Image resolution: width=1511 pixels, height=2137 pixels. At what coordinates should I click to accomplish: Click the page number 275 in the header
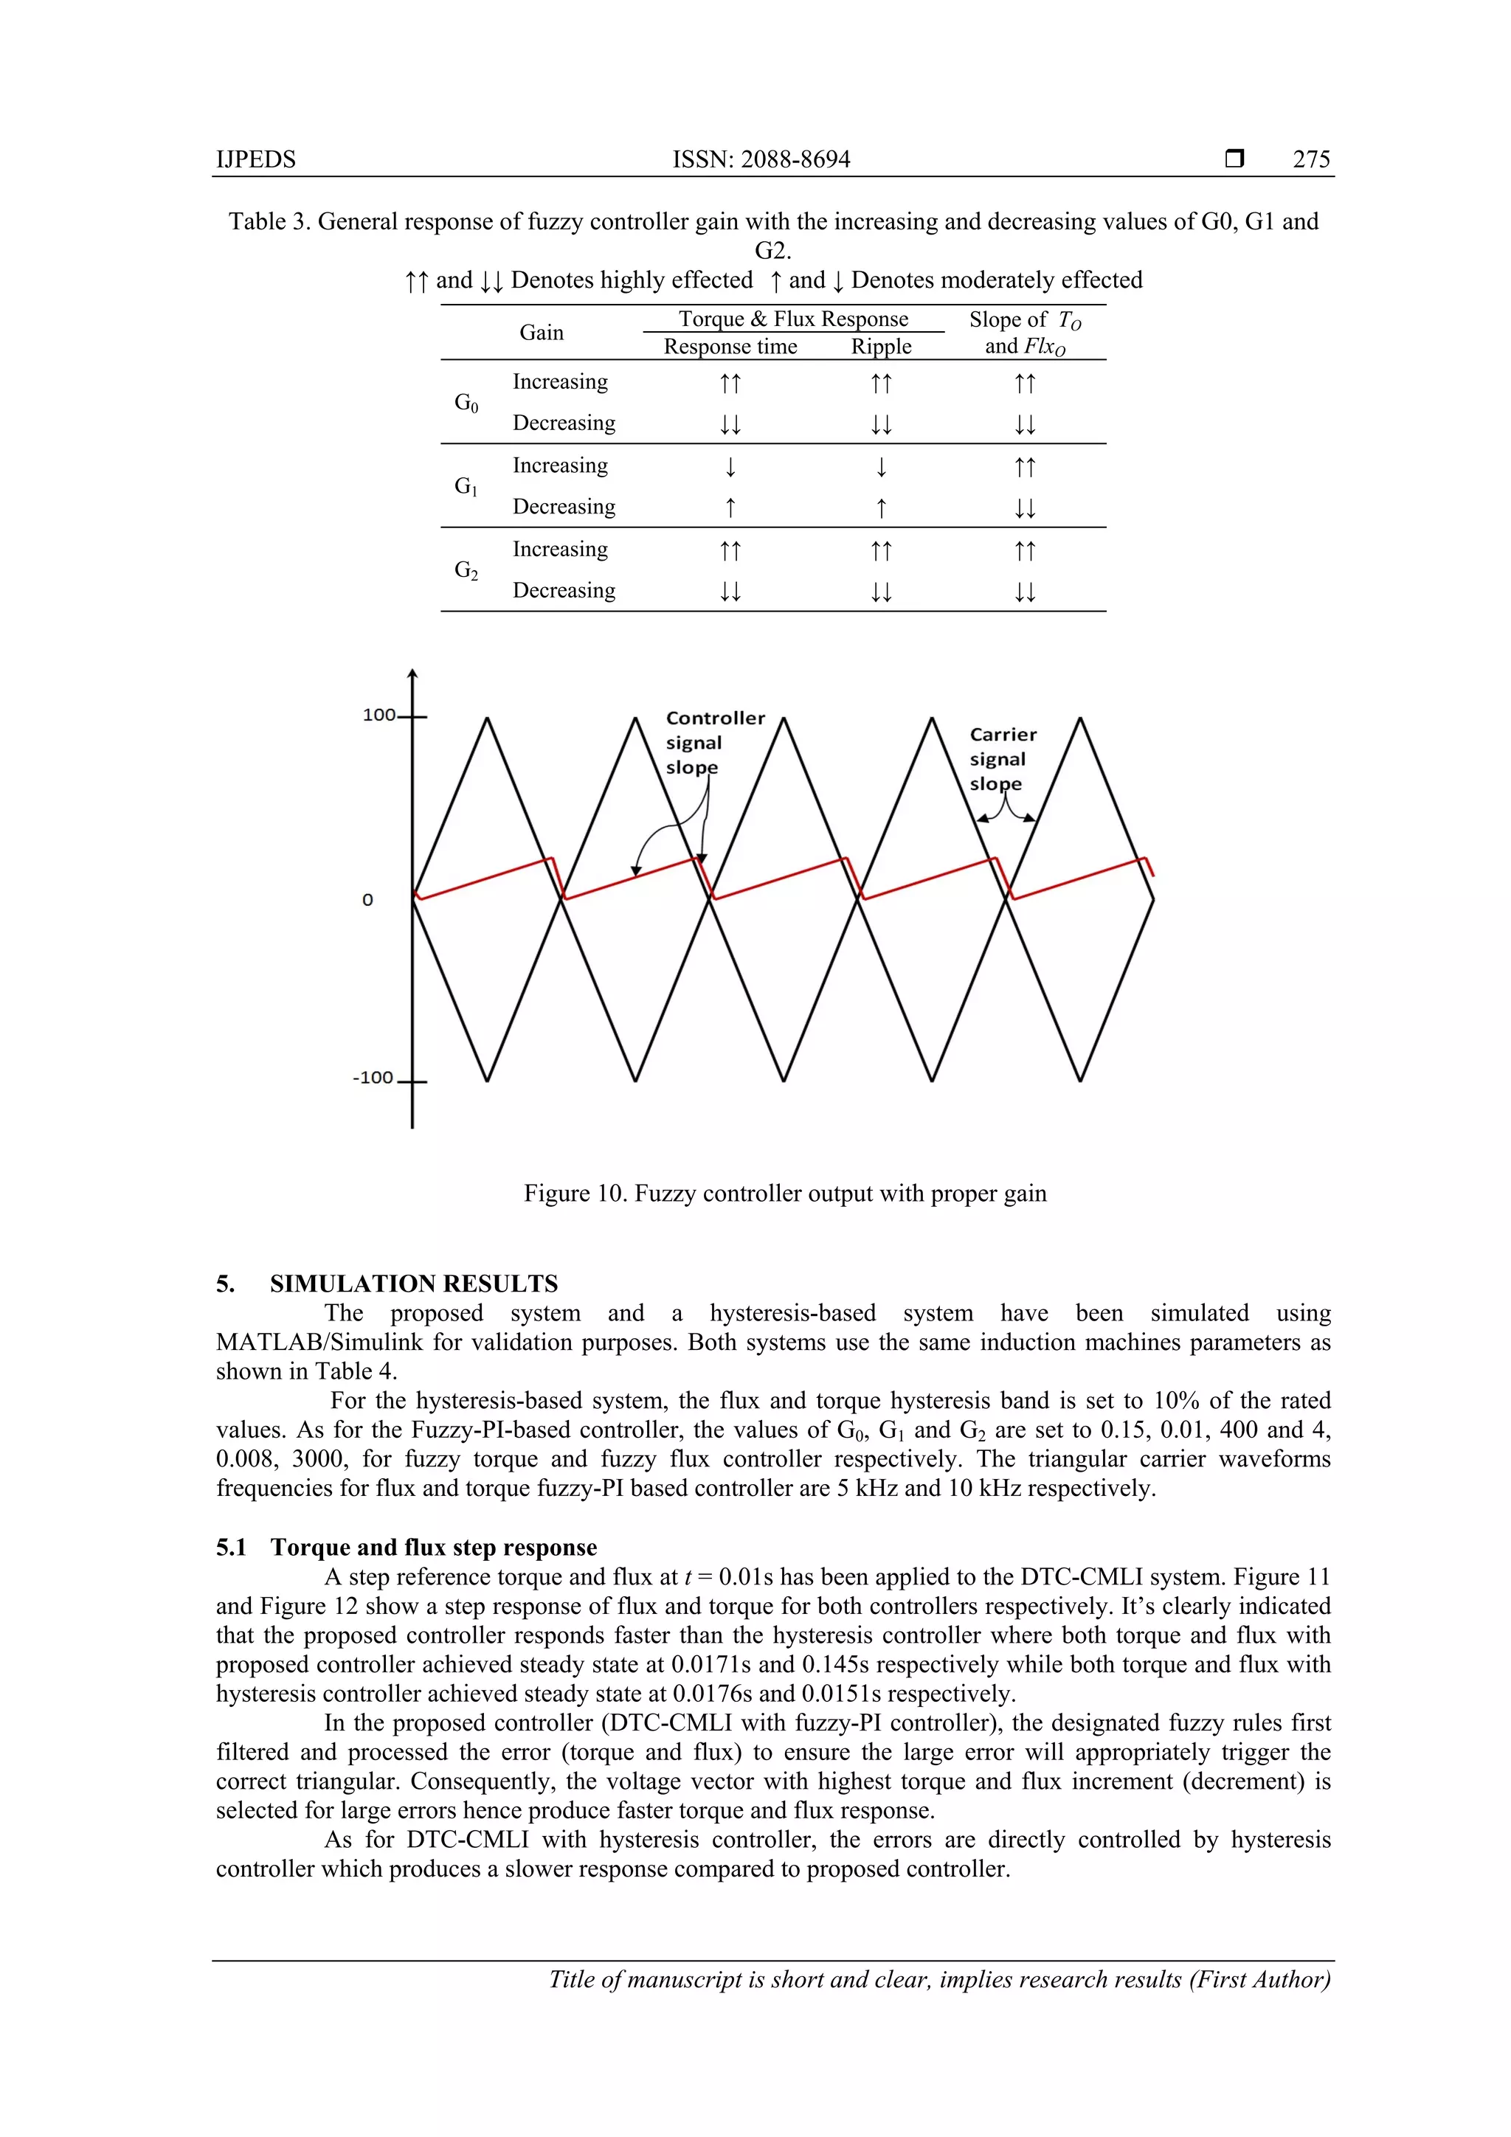1311,159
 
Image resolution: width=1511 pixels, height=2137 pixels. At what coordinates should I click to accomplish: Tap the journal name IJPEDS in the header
256,159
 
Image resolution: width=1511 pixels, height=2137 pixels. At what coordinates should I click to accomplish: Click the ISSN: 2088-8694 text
761,159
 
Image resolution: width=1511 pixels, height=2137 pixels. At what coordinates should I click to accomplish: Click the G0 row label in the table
466,402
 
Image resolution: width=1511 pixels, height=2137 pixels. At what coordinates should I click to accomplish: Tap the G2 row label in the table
466,569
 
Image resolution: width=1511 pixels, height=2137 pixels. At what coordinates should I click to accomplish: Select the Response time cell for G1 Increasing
731,465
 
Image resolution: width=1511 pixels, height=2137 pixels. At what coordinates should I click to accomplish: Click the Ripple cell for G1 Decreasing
881,508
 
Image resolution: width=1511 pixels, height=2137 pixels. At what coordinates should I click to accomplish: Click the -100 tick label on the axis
373,1078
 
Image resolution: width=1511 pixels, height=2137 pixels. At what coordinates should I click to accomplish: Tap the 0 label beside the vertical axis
367,900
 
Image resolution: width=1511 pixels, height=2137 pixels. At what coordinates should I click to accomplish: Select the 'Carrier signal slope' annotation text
1002,758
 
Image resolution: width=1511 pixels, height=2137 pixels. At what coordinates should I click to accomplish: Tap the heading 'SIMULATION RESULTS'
413,1284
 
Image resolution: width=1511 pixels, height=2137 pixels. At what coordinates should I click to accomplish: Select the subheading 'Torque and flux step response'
433,1547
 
